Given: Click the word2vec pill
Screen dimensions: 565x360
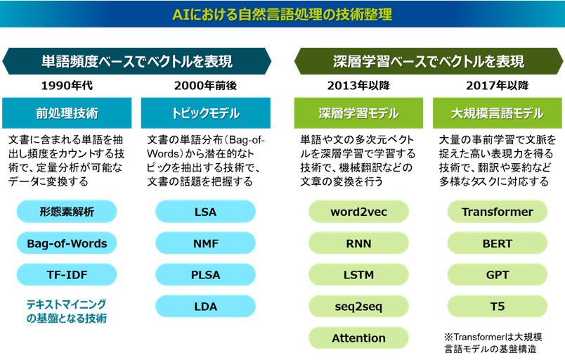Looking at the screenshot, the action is point(358,212).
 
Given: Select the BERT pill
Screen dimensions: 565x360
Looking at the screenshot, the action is point(498,243).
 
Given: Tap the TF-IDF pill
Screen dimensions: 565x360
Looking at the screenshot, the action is point(67,275).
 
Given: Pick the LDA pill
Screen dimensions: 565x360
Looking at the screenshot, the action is point(205,307).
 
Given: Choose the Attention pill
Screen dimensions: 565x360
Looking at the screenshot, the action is point(358,338).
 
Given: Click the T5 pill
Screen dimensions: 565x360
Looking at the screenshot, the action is point(498,307).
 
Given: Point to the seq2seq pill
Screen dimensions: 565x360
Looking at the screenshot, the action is point(358,307).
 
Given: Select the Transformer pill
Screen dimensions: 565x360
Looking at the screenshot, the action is point(498,212).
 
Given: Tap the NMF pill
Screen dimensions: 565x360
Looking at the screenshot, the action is point(205,243).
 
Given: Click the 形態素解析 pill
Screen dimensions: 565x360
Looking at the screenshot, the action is point(67,212).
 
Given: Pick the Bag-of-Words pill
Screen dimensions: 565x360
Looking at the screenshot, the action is point(67,243).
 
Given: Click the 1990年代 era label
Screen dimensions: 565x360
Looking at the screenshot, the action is point(67,85).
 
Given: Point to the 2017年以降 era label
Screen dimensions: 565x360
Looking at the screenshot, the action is point(498,85).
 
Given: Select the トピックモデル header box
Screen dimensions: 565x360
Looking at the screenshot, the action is point(206,113).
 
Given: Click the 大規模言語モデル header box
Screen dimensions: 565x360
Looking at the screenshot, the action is point(498,113).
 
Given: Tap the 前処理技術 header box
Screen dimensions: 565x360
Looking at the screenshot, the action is point(67,113).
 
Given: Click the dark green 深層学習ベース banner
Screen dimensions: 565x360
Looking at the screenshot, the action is point(429,61).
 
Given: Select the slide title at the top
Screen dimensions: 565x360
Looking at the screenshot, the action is point(282,15).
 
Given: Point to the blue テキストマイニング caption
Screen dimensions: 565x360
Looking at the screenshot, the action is point(67,311).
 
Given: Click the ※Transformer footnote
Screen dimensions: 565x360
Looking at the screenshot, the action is point(493,342).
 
